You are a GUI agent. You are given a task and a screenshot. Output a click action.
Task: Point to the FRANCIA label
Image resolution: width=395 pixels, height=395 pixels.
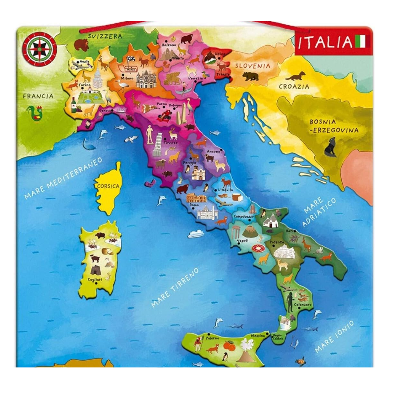(x=38, y=96)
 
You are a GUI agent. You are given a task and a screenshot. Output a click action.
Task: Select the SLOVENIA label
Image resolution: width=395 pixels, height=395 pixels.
(x=252, y=66)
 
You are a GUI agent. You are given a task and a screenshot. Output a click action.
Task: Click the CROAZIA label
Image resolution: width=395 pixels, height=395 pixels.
(x=294, y=87)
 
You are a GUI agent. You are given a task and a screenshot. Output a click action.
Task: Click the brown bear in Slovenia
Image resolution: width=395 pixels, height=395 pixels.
(x=250, y=76)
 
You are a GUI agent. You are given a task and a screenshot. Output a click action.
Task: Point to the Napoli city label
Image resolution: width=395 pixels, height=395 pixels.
(x=242, y=241)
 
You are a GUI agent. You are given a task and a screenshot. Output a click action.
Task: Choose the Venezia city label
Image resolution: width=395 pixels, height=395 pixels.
(x=196, y=78)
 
